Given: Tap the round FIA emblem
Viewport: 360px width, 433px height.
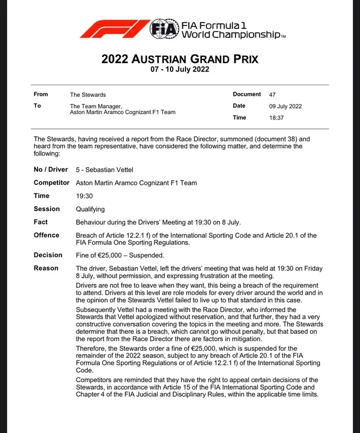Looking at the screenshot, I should pyautogui.click(x=164, y=29).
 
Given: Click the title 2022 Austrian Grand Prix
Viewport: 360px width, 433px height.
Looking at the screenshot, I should pyautogui.click(x=179, y=59).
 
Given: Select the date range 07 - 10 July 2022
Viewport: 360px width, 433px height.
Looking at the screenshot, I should pyautogui.click(x=179, y=70).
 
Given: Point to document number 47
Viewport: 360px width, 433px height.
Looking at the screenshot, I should pyautogui.click(x=272, y=95).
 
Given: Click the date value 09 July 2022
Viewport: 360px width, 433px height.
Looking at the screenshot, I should pyautogui.click(x=285, y=106).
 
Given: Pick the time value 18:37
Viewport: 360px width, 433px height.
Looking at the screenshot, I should pyautogui.click(x=276, y=118).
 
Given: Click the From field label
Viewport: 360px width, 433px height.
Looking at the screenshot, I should pyautogui.click(x=40, y=95).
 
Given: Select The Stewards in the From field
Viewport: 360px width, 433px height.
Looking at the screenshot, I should pyautogui.click(x=88, y=95).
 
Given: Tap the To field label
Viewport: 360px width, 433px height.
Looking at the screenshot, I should pyautogui.click(x=37, y=106).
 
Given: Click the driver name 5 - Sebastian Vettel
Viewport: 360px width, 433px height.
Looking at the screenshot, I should pyautogui.click(x=105, y=169).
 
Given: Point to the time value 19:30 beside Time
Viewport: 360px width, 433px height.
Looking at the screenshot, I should pyautogui.click(x=84, y=196).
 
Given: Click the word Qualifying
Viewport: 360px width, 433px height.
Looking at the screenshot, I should pyautogui.click(x=90, y=209).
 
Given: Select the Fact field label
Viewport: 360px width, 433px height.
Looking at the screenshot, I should pyautogui.click(x=40, y=222).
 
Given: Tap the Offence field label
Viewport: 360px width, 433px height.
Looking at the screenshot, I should pyautogui.click(x=46, y=235).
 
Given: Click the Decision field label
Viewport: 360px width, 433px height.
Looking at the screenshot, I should pyautogui.click(x=48, y=255).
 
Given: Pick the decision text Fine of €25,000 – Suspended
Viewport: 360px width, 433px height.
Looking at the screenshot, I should pyautogui.click(x=120, y=255).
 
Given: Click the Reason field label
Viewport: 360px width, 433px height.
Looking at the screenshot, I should pyautogui.click(x=46, y=268).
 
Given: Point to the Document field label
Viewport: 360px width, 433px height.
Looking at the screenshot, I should pyautogui.click(x=246, y=95).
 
